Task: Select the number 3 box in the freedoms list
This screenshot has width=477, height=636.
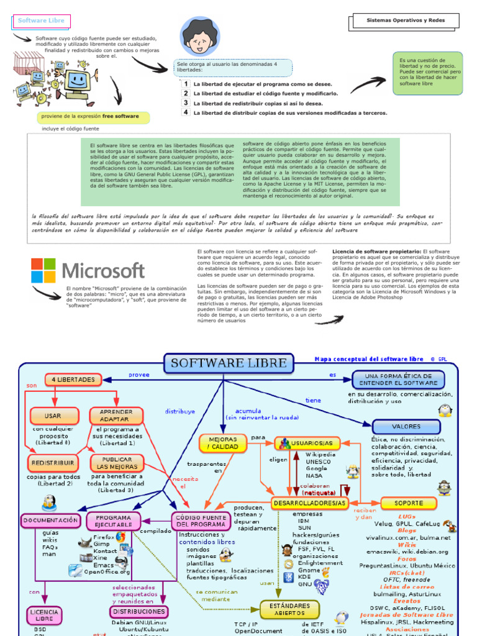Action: (185, 102)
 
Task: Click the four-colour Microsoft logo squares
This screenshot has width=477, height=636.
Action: (45, 271)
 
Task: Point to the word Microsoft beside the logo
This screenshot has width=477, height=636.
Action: (104, 271)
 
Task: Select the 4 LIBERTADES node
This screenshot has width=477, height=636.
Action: (73, 379)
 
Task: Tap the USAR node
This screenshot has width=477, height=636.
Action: (53, 416)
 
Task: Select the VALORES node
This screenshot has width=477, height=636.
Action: (406, 427)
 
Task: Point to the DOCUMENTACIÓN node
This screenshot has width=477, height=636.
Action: (51, 520)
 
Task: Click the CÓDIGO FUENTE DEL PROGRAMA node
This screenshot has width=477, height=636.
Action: (200, 520)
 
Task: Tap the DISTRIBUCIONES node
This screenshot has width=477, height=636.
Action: (139, 611)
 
